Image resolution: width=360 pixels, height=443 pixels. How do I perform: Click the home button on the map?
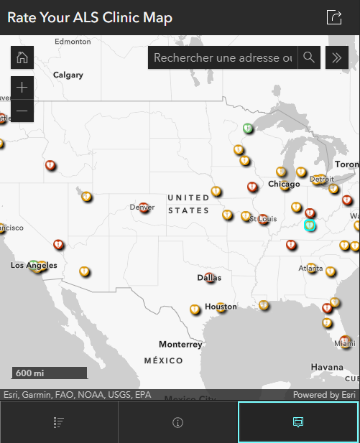click(x=22, y=57)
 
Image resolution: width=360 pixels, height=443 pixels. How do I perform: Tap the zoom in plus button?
click(x=22, y=88)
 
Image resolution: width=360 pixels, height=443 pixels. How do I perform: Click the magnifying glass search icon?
click(x=309, y=57)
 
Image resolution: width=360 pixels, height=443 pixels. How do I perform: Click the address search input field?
click(x=223, y=57)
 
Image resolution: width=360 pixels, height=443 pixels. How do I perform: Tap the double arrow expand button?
click(x=337, y=57)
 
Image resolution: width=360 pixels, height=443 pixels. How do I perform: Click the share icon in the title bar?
click(x=333, y=18)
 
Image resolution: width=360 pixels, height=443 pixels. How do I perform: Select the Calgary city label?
click(x=68, y=75)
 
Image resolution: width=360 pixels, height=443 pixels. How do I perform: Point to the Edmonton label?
click(x=73, y=42)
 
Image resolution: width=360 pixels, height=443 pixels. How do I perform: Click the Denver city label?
click(x=142, y=207)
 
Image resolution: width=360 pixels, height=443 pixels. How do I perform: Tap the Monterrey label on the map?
click(x=180, y=344)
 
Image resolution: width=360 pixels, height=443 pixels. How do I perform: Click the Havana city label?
click(x=327, y=367)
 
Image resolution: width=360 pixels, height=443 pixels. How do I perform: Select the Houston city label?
click(x=221, y=307)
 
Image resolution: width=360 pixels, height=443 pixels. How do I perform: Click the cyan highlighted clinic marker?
click(x=310, y=225)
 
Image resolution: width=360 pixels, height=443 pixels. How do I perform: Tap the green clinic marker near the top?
click(x=247, y=129)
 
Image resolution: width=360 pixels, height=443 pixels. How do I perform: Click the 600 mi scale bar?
click(x=49, y=373)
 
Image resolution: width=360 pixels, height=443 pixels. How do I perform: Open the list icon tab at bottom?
click(x=59, y=422)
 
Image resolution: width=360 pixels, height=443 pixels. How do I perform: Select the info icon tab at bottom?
click(x=178, y=422)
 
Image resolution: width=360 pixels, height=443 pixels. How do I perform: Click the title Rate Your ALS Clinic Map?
click(x=90, y=18)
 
